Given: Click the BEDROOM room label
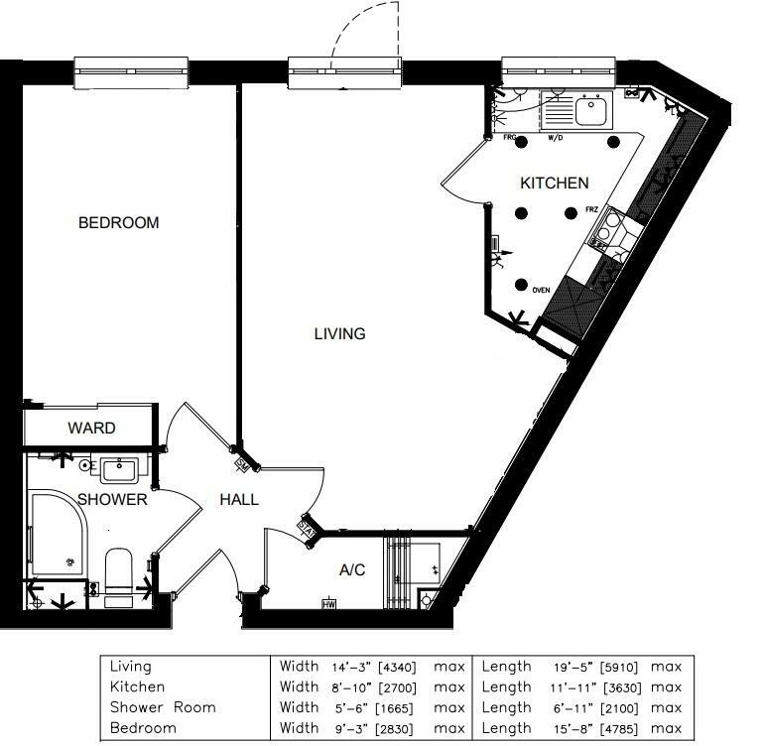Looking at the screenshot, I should [x=118, y=223].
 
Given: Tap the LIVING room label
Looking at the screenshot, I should [x=339, y=334].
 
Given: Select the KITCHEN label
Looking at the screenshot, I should [x=555, y=184].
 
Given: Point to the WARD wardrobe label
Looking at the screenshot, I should [x=91, y=429].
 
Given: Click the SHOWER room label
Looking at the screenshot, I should [x=112, y=499].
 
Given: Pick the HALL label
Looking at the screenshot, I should [x=239, y=499].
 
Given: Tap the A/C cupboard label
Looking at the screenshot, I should [x=352, y=570].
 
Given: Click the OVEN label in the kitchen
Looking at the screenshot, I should [x=541, y=291].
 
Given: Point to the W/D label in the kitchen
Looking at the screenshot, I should [x=555, y=138].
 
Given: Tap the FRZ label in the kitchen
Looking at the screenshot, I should [x=591, y=209].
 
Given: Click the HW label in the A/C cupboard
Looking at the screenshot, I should [x=327, y=603].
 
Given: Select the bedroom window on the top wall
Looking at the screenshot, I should [x=131, y=72].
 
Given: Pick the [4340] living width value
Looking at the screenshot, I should [x=393, y=668].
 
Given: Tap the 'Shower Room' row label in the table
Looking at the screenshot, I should [x=162, y=707].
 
